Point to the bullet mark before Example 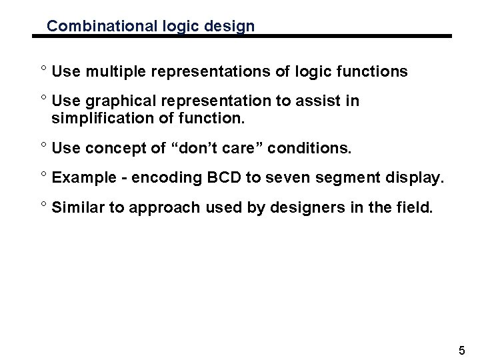pos(42,176)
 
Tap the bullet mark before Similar pos(42,205)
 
